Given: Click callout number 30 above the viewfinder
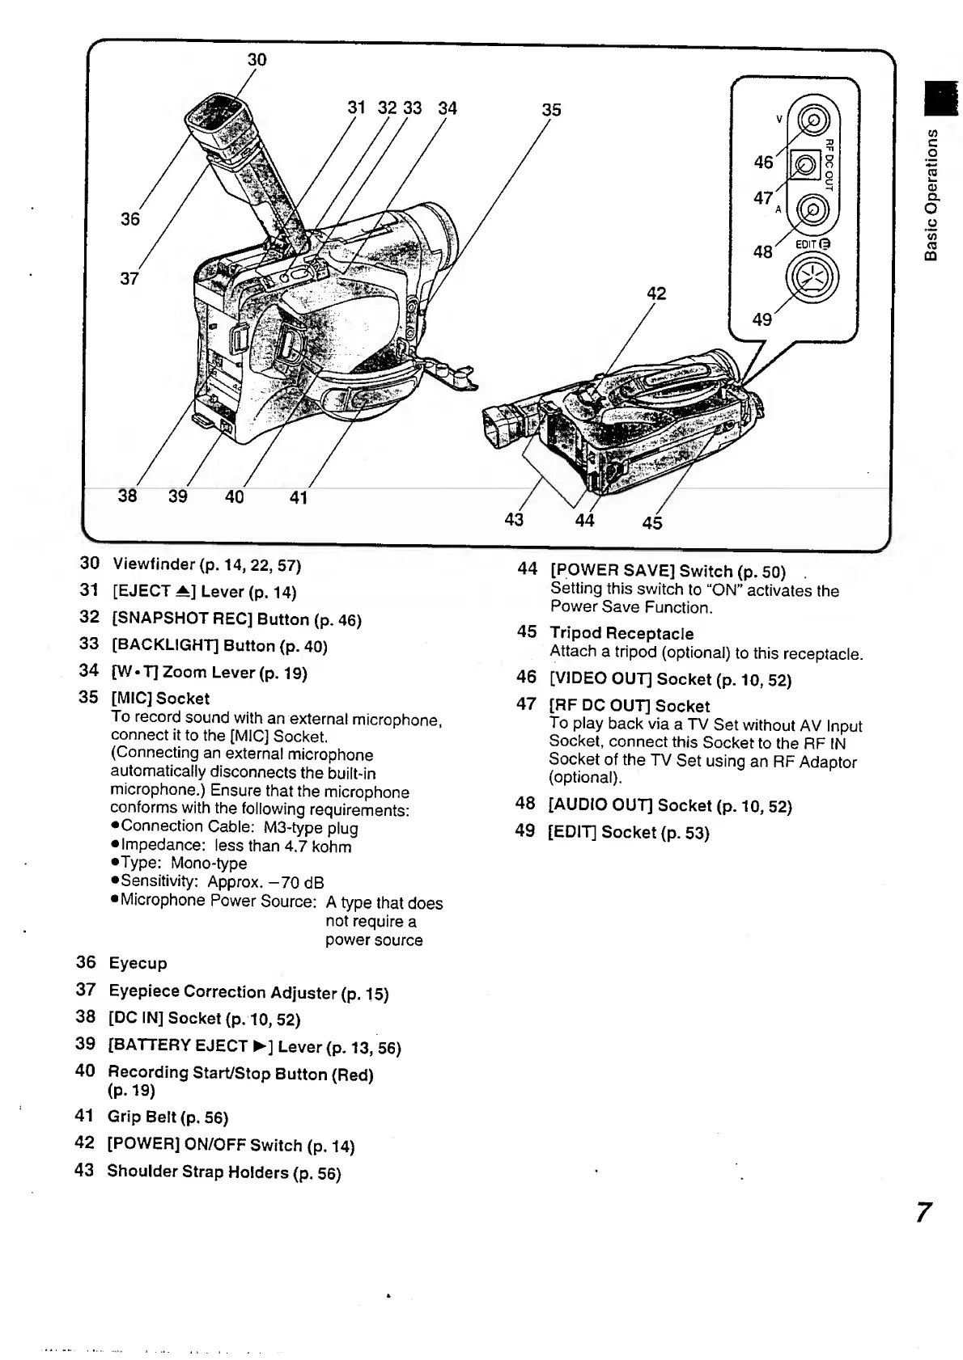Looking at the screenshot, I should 257,60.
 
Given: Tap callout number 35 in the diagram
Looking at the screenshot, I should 551,109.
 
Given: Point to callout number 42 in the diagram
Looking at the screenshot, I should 656,293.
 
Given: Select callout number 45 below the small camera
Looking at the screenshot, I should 651,523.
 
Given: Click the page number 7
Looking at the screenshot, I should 923,1214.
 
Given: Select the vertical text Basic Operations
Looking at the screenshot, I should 933,194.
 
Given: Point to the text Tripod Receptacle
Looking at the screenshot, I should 621,633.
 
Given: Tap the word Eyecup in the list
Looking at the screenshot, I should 138,963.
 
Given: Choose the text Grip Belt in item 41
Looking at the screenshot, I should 142,1117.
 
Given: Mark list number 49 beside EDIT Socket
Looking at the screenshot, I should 525,831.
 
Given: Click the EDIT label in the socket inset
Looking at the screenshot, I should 804,244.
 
